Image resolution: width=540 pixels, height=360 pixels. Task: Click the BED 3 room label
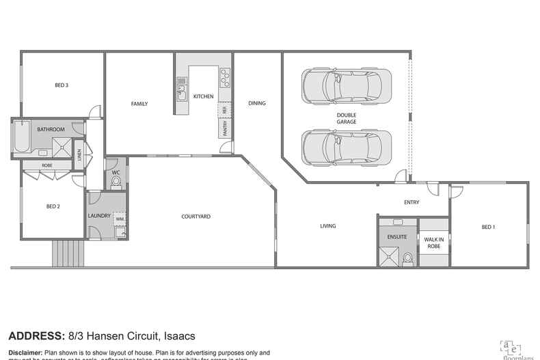click(x=62, y=85)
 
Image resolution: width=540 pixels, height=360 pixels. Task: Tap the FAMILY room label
click(x=139, y=104)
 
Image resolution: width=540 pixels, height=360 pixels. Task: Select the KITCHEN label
click(x=203, y=97)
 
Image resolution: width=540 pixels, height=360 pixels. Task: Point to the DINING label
click(x=257, y=104)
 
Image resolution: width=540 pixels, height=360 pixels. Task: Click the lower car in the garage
click(x=346, y=146)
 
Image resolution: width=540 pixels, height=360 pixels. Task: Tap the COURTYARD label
click(x=195, y=217)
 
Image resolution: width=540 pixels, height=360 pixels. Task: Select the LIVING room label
click(x=328, y=226)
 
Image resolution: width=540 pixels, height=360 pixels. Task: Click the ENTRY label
click(x=411, y=202)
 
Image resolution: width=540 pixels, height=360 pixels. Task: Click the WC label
click(x=116, y=174)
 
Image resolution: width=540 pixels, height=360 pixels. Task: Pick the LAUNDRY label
click(x=99, y=217)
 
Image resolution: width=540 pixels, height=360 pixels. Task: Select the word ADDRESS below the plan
click(x=36, y=335)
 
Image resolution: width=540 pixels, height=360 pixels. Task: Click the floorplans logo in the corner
click(x=512, y=348)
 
